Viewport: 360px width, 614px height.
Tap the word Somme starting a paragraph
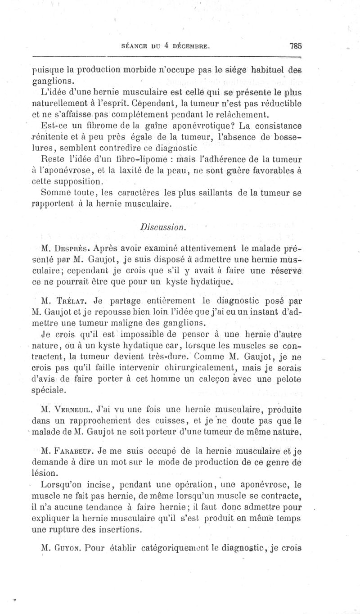[55, 194]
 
